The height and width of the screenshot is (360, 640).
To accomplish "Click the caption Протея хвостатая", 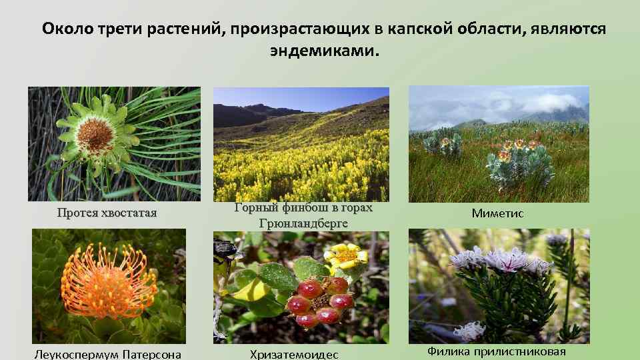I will click(x=107, y=213).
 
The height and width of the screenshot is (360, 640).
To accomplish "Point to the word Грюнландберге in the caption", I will click(x=303, y=223).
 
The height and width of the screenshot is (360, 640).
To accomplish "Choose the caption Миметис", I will click(x=497, y=213).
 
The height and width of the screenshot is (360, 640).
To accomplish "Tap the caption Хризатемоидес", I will click(x=294, y=354).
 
